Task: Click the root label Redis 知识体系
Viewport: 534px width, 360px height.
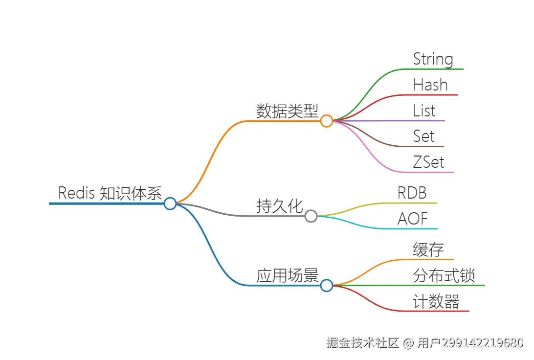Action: (110, 193)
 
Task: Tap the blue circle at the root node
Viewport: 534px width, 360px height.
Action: (170, 203)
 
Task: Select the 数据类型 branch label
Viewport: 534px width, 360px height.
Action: (287, 111)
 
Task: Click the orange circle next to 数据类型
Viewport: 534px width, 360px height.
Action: (327, 121)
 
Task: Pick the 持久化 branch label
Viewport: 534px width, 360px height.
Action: (280, 206)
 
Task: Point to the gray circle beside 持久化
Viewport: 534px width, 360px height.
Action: (311, 216)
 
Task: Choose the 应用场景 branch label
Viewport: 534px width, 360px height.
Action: (287, 275)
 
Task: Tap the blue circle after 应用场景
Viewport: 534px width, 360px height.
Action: (327, 286)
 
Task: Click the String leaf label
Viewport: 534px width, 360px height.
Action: (433, 59)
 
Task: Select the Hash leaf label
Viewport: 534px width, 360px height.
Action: (430, 85)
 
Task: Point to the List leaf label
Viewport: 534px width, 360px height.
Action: (424, 111)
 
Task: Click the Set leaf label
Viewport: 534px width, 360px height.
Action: (423, 136)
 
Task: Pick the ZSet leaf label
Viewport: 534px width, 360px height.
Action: (429, 162)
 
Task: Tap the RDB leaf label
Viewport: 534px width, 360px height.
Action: (412, 193)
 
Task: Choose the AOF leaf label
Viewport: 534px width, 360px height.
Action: (413, 219)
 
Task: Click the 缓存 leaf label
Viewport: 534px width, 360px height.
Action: (428, 249)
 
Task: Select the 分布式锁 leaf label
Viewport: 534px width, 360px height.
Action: (444, 275)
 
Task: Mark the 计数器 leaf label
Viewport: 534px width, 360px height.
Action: (436, 301)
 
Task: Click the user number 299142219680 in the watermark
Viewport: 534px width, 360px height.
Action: (482, 343)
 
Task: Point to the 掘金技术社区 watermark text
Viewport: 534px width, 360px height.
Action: (363, 343)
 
